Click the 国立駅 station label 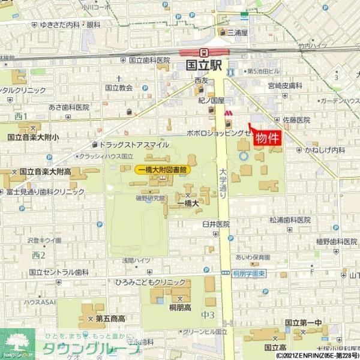tap(205, 65)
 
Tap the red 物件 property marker tap(268, 138)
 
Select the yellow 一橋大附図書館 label tap(162, 170)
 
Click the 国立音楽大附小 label tap(34, 137)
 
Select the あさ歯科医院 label tap(69, 107)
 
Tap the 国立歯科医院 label tap(150, 61)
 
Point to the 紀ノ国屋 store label tap(211, 101)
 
